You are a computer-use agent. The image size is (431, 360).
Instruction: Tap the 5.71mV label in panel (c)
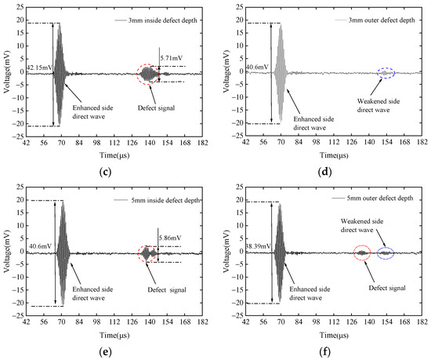coord(171,58)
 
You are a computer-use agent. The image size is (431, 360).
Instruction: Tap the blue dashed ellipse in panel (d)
coord(386,74)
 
